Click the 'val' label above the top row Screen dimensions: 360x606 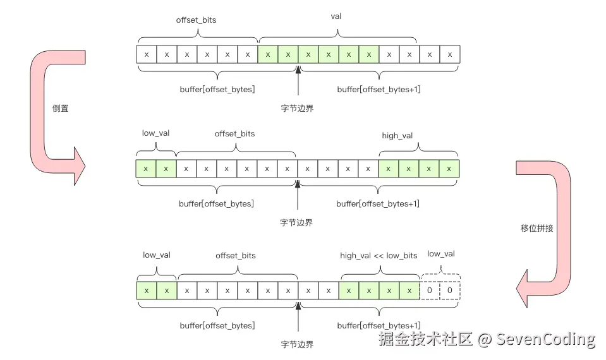tap(336, 16)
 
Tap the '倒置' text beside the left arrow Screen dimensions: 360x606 tap(61, 108)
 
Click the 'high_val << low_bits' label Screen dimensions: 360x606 tap(379, 255)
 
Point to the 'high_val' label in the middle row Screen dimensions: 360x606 tap(397, 136)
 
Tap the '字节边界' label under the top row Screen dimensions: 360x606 tap(297, 108)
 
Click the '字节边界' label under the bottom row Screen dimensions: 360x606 tap(297, 344)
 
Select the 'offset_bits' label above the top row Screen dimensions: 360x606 tap(196, 20)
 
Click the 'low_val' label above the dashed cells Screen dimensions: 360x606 tap(441, 254)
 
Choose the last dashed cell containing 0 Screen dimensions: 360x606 tap(450, 291)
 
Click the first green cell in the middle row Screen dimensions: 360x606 tap(146, 169)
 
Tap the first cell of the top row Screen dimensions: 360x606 tap(147, 54)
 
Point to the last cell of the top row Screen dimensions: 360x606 tap(450, 54)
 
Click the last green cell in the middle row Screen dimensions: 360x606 tap(449, 169)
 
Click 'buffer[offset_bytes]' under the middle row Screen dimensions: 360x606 tap(216, 203)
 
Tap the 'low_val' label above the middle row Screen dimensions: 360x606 tap(156, 133)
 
